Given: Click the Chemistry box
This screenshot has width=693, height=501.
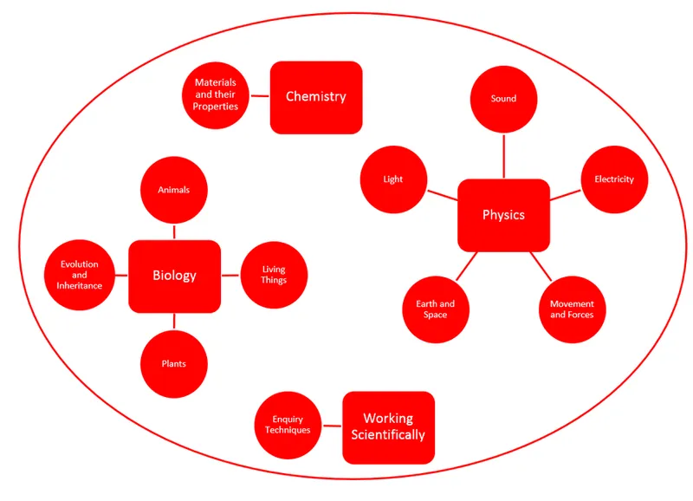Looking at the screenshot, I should point(315,97).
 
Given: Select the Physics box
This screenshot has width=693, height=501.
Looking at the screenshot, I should point(503,215).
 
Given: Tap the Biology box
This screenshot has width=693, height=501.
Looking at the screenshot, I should point(174,276).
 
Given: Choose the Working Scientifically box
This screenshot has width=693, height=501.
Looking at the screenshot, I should point(388,427).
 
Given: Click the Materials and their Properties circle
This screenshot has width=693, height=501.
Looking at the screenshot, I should point(216,94).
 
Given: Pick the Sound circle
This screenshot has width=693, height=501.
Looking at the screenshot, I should point(503,99).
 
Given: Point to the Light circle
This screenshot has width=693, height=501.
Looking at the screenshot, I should point(393,180).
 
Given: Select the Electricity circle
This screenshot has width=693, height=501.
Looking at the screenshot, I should point(613,179).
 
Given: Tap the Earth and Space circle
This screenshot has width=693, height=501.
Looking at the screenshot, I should point(435,309).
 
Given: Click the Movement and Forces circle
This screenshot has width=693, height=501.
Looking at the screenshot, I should point(572,309).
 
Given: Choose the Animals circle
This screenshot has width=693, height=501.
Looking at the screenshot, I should point(174,190).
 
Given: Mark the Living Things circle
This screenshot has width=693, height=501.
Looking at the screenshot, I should point(274,275).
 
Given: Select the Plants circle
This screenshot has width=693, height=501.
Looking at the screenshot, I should point(174,363).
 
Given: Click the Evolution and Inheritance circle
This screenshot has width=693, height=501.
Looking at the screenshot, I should point(79,275).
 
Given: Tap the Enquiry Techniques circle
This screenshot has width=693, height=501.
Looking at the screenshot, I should point(288,425).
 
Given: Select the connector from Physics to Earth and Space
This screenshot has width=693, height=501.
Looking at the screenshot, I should point(466,265).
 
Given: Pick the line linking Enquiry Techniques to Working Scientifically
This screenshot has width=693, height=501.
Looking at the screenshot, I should point(332,426).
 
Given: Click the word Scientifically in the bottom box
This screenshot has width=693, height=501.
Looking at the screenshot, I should point(388,435).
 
